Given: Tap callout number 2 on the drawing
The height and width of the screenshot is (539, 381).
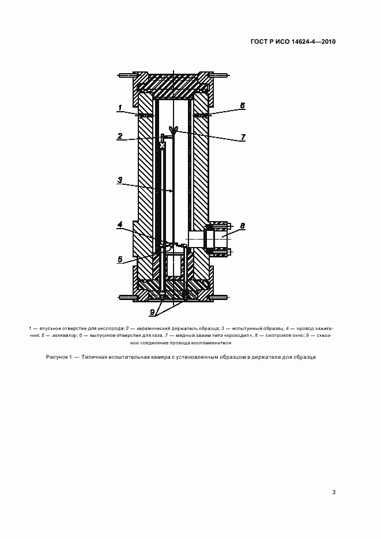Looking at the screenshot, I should coord(119,136).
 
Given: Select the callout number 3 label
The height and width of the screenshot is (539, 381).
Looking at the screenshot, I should coord(119,180).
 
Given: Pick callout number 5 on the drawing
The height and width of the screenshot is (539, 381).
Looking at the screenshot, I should coord(120,260).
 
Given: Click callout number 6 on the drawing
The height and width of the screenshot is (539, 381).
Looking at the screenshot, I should coord(242,105).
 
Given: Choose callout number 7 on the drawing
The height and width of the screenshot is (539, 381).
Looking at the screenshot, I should coord(243,137).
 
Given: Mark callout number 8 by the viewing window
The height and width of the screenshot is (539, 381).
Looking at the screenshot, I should coord(242,226).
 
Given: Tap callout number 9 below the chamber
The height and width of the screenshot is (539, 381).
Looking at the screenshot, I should coord(152,313).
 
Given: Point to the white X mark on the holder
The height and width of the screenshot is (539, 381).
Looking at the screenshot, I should coord(162,146).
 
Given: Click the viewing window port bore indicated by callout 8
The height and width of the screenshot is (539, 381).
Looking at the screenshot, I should coord(196,240).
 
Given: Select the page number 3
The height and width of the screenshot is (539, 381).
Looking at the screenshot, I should coord(334,492).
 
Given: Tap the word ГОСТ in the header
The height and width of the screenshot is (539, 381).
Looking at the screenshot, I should coord(260,41).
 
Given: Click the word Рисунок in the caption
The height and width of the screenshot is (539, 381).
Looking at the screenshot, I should coord(58,357).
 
